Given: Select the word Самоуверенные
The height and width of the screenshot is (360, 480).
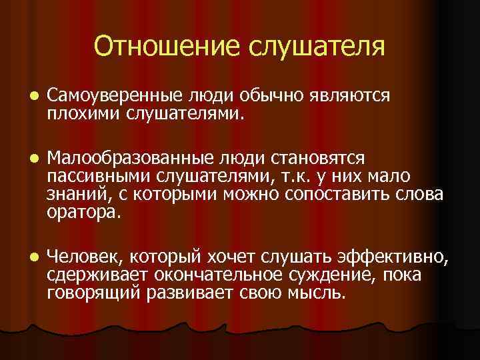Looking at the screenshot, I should point(110,96).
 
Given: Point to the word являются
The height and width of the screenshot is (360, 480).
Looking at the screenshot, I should point(349,96).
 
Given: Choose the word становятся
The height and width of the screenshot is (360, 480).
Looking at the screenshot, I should point(313,159).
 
